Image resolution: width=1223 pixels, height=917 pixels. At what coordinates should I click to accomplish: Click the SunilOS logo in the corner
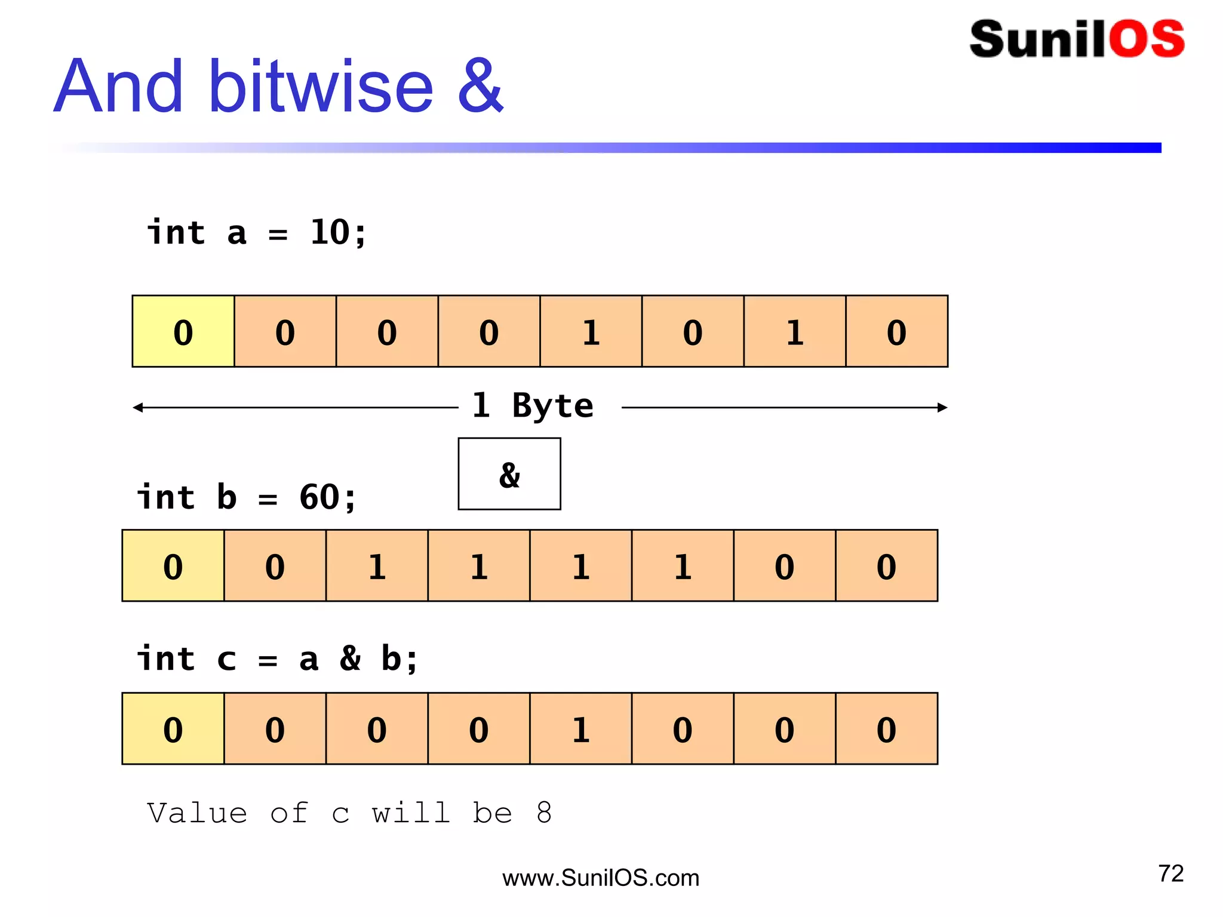pyautogui.click(x=1077, y=39)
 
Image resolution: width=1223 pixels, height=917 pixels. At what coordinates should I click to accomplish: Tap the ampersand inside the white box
pyautogui.click(x=509, y=475)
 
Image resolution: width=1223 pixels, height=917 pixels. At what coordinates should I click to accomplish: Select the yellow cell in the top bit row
pyautogui.click(x=183, y=331)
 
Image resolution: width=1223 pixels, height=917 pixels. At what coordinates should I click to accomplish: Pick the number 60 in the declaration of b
pyautogui.click(x=319, y=497)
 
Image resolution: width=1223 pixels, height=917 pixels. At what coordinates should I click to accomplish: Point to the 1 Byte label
pyautogui.click(x=533, y=406)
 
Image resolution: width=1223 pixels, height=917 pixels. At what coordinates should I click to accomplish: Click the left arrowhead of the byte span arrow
pyautogui.click(x=137, y=408)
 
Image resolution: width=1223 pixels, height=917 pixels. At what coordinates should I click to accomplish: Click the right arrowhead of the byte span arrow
pyautogui.click(x=943, y=408)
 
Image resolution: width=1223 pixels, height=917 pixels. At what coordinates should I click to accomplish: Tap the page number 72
pyautogui.click(x=1170, y=873)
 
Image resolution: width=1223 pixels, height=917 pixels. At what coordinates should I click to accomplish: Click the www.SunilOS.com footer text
pyautogui.click(x=601, y=878)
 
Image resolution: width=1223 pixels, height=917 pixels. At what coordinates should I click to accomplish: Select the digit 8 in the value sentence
pyautogui.click(x=544, y=813)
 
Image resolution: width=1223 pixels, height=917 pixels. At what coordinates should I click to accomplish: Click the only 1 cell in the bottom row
pyautogui.click(x=580, y=729)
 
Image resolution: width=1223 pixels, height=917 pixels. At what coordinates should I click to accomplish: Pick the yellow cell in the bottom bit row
pyautogui.click(x=173, y=729)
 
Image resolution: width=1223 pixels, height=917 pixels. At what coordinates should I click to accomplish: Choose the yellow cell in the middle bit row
pyautogui.click(x=173, y=566)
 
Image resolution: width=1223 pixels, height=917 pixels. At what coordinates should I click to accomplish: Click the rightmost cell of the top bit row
pyautogui.click(x=897, y=331)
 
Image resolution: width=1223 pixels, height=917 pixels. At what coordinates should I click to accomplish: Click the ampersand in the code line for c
pyautogui.click(x=350, y=658)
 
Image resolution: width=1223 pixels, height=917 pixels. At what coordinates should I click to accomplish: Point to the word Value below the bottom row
pyautogui.click(x=197, y=813)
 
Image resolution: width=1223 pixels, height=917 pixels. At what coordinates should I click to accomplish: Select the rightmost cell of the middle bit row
pyautogui.click(x=887, y=566)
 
